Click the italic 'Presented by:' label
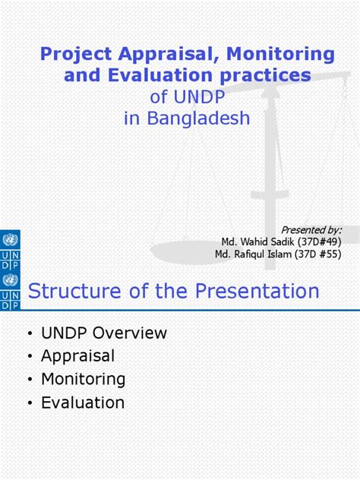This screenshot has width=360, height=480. pos(311,229)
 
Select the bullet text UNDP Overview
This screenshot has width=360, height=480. pos(104,333)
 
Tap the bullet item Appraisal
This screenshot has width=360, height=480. pos(78,356)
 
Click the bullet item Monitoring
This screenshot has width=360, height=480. pos(84,379)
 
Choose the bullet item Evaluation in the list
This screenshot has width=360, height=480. pos(83,403)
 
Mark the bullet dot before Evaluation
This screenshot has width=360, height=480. pos(30,403)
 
